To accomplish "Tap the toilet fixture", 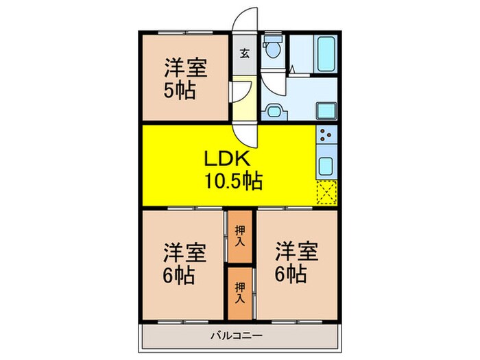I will click(x=273, y=48).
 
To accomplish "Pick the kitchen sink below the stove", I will click(x=325, y=165).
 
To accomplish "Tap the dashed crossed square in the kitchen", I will click(x=325, y=192).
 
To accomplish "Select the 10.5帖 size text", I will click(x=232, y=181).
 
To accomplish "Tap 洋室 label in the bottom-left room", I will click(x=184, y=252).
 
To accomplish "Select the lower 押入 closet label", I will click(x=240, y=293).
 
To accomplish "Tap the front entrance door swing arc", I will click(x=245, y=21).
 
